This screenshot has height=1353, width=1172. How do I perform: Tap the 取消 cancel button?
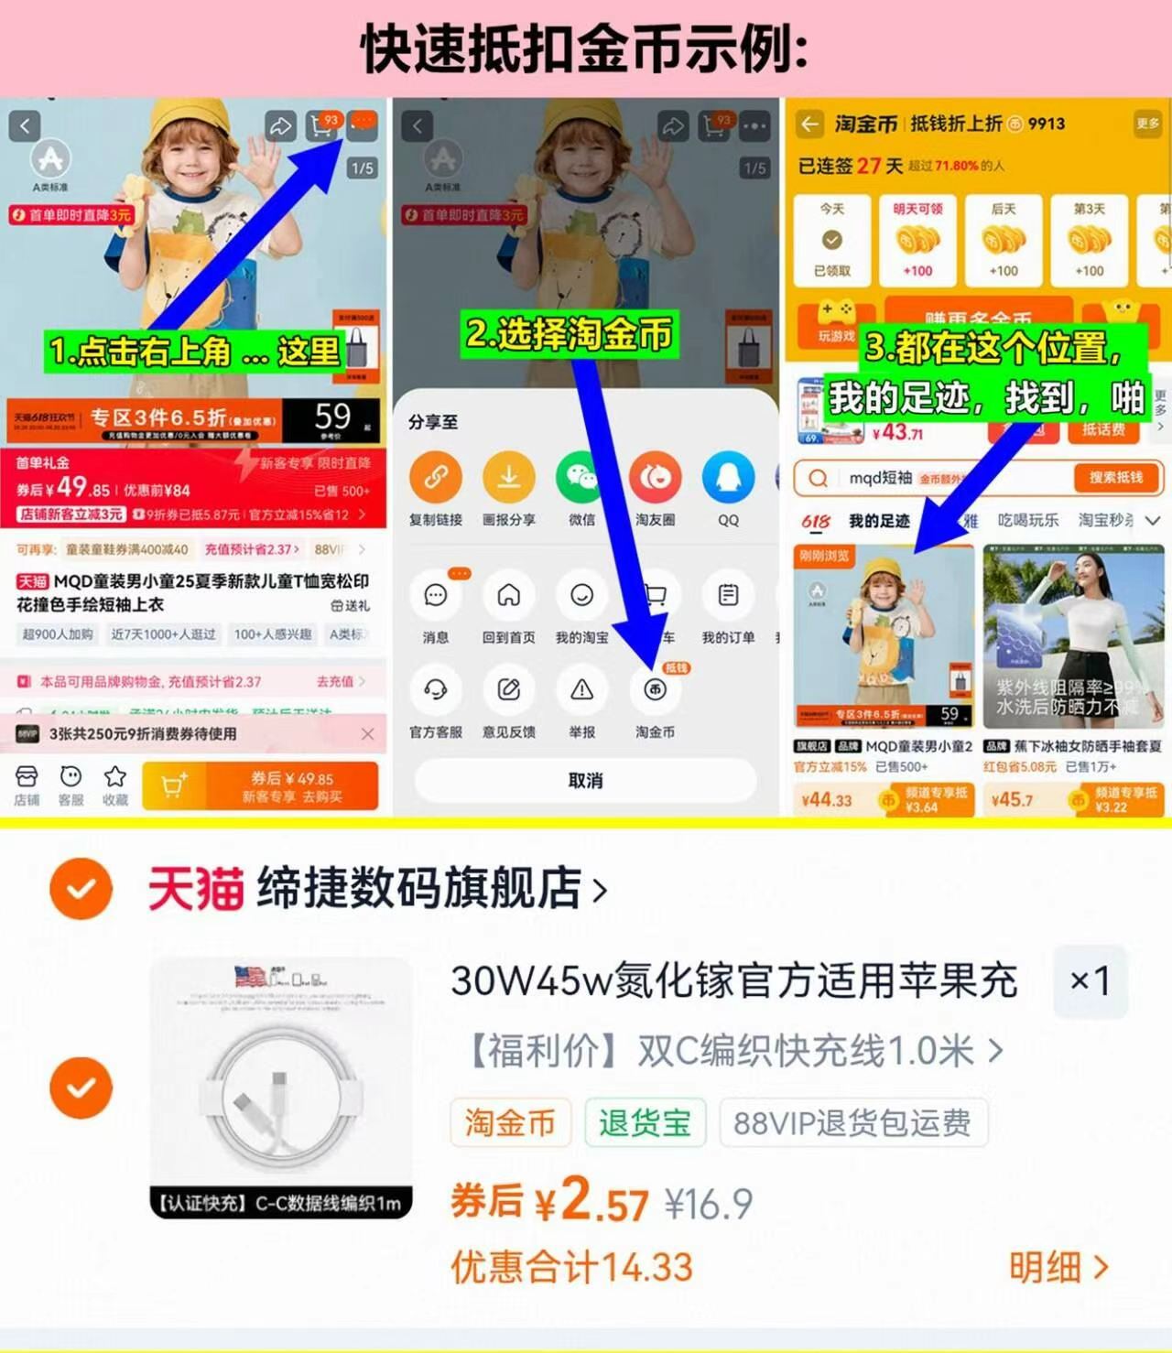coord(585,781)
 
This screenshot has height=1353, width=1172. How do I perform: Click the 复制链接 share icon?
coord(436,477)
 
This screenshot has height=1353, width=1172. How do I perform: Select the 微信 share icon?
coord(581,477)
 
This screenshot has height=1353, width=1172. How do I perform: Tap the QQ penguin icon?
coord(728,477)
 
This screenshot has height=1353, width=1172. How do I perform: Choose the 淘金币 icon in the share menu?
coord(655,690)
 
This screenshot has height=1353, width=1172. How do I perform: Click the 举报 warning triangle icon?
coord(581,690)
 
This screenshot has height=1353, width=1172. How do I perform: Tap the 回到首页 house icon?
coord(509,596)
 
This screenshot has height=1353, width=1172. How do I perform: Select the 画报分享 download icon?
coord(509,477)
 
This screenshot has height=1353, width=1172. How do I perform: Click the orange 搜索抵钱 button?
coord(1115,477)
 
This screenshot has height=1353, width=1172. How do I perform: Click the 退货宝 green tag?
coord(646,1122)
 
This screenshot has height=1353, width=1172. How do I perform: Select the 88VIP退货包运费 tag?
coord(852,1122)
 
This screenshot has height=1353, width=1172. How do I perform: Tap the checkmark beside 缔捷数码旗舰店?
coord(81,888)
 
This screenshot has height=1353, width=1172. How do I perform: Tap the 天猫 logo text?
coord(195,888)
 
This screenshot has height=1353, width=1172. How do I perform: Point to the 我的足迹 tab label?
coord(878,521)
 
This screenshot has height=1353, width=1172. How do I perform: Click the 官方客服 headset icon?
coord(436,690)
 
